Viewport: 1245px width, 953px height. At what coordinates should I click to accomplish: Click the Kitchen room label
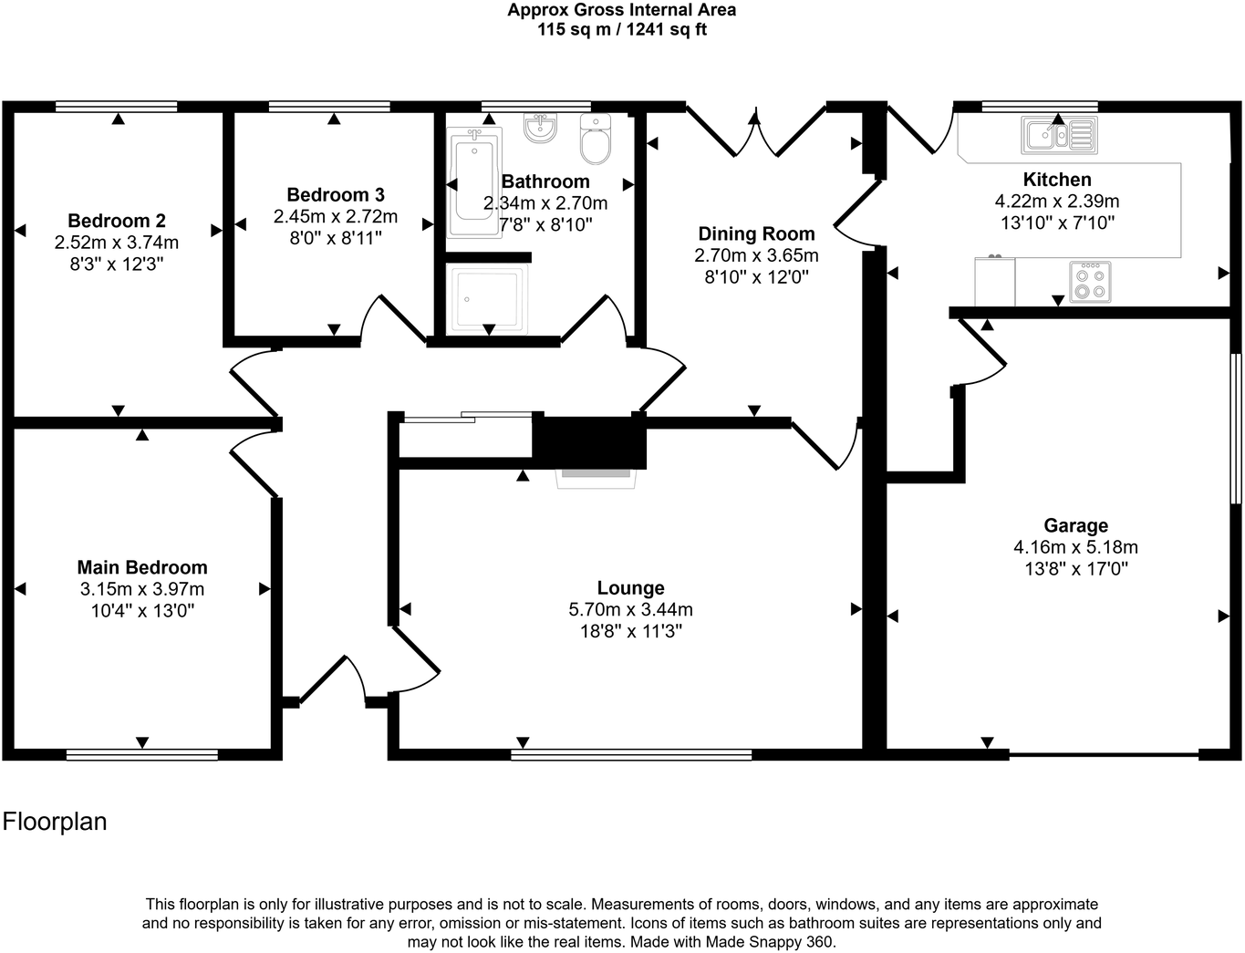pos(1057,180)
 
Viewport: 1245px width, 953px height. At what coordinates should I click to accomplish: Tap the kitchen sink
pos(1059,135)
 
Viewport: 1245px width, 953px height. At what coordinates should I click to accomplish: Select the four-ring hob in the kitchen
pos(1090,283)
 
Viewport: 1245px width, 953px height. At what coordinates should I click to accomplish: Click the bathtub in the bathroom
pos(474,182)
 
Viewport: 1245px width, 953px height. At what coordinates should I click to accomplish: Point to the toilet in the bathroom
pos(596,139)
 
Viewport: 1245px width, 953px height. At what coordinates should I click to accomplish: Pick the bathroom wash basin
pos(540,127)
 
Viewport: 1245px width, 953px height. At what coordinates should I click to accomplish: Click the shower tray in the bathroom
pos(487,298)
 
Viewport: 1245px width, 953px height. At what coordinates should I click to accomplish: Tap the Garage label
pos(1075,525)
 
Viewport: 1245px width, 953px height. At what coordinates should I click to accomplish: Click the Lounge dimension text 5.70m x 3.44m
pos(630,609)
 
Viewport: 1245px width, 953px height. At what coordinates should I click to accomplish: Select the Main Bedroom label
pos(142,567)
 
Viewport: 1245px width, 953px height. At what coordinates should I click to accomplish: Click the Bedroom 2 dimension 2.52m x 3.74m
pos(117,243)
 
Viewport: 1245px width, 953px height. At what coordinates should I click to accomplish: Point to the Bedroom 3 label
pos(335,195)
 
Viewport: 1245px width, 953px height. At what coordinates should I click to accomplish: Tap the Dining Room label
pos(756,233)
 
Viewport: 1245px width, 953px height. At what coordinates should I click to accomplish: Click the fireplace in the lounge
pos(596,478)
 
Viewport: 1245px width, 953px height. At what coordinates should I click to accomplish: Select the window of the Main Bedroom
pos(142,755)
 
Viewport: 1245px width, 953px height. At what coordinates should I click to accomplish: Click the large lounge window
pos(631,755)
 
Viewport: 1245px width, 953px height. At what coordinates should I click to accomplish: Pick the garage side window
pos(1237,429)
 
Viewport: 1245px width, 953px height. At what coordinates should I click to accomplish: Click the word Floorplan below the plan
pos(55,822)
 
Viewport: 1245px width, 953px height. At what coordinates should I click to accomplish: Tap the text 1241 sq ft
pos(667,29)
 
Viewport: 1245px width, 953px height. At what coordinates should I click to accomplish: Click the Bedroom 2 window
pos(117,107)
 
